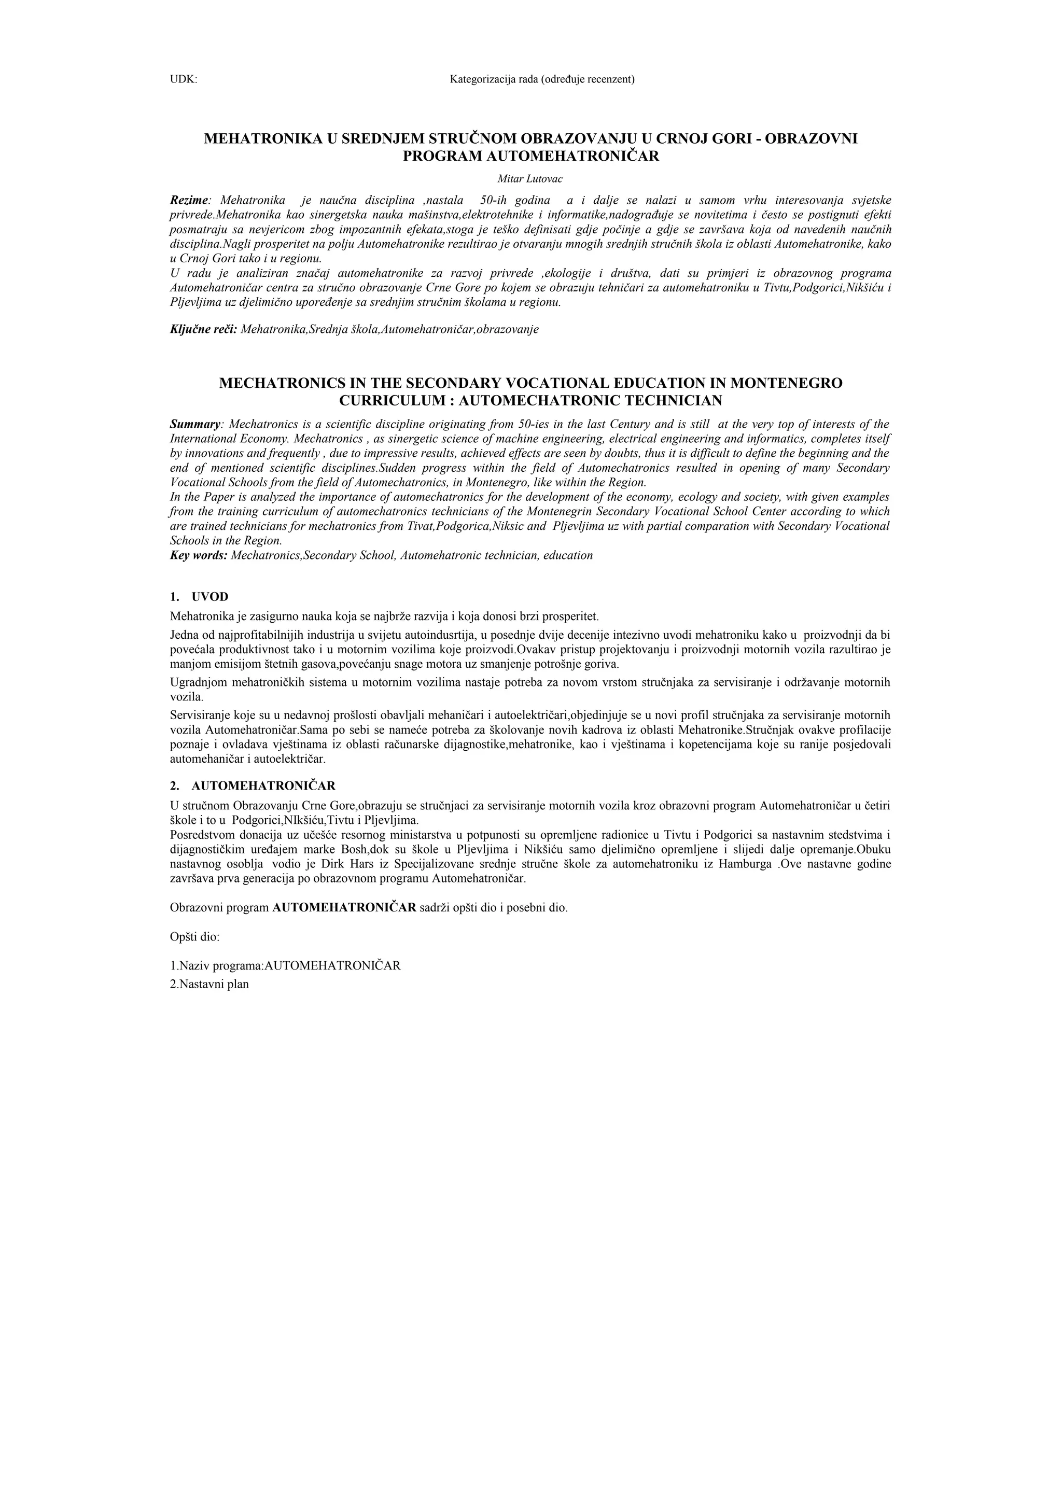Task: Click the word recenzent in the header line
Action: point(610,80)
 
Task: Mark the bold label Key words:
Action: point(198,555)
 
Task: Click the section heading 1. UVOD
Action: point(200,597)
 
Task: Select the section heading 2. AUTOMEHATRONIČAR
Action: point(253,785)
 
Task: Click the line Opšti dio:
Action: point(194,937)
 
